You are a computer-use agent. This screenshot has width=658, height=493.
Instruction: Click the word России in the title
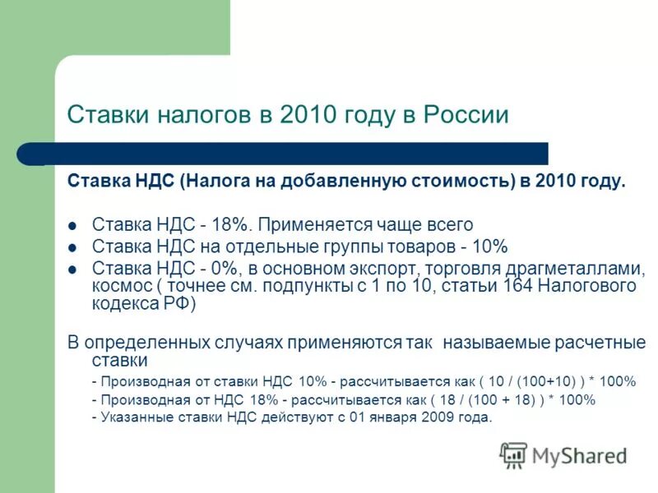point(466,114)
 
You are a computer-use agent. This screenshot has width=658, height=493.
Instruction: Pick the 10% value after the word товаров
point(490,246)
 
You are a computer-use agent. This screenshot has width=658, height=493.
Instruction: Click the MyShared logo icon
point(513,454)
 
